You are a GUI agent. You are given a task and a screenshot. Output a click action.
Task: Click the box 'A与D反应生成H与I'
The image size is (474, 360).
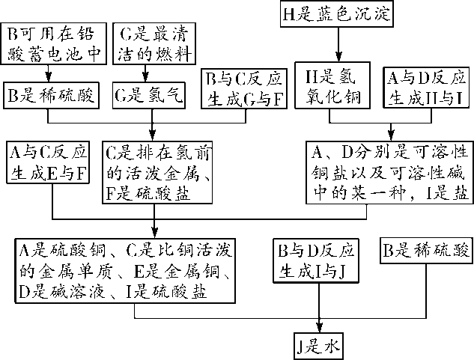coord(425,88)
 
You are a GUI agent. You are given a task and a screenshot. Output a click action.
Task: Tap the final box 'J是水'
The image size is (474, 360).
coord(319,344)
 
